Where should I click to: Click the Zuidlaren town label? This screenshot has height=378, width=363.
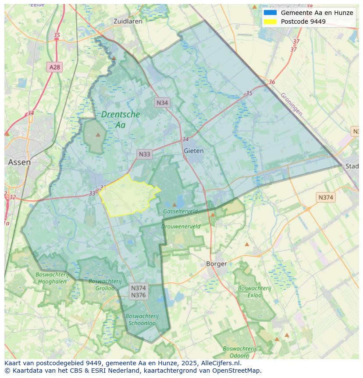point(128,21)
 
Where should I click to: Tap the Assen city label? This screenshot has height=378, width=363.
point(19,162)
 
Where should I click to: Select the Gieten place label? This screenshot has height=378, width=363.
point(193,151)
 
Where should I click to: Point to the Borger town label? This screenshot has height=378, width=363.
point(217,264)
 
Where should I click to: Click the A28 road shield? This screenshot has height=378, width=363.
point(55,67)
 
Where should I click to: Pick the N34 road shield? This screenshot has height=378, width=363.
point(162,103)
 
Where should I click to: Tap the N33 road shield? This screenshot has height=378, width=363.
point(144,154)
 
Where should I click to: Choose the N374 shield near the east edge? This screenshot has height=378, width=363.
point(325,198)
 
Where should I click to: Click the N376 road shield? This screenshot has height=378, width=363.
point(139,295)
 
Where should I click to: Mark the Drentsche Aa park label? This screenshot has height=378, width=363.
point(120,119)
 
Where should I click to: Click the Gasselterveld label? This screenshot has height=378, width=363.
point(180,211)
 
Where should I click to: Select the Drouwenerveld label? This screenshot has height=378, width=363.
point(181,227)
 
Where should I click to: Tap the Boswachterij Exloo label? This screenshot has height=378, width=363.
point(254,292)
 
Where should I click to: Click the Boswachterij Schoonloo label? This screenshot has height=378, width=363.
point(142,319)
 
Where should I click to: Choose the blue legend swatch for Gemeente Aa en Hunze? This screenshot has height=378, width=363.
point(270,13)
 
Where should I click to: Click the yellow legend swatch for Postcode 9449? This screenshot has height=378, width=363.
point(270,22)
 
